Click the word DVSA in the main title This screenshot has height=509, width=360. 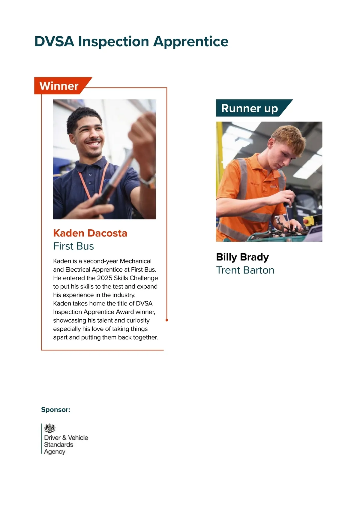coord(54,42)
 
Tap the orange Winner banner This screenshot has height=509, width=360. coord(59,86)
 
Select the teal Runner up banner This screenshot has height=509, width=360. coord(250,108)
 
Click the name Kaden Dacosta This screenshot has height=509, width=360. coord(90,233)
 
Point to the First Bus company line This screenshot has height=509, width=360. coord(73,246)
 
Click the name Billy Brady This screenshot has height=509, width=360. coord(242,257)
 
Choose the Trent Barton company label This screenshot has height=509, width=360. coord(245,270)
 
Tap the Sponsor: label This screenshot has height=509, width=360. coord(55,410)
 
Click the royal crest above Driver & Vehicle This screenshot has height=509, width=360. coord(50,428)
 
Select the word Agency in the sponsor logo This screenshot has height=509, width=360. coord(55,452)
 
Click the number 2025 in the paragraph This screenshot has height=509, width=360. coord(104,278)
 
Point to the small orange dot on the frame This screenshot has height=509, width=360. coord(167,320)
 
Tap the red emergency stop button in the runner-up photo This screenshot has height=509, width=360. coord(306,221)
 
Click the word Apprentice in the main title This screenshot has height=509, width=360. coord(191,42)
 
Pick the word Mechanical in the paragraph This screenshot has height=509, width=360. coord(136,261)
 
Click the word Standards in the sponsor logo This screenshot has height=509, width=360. coord(58,445)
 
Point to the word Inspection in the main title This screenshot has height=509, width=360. coord(114,42)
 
